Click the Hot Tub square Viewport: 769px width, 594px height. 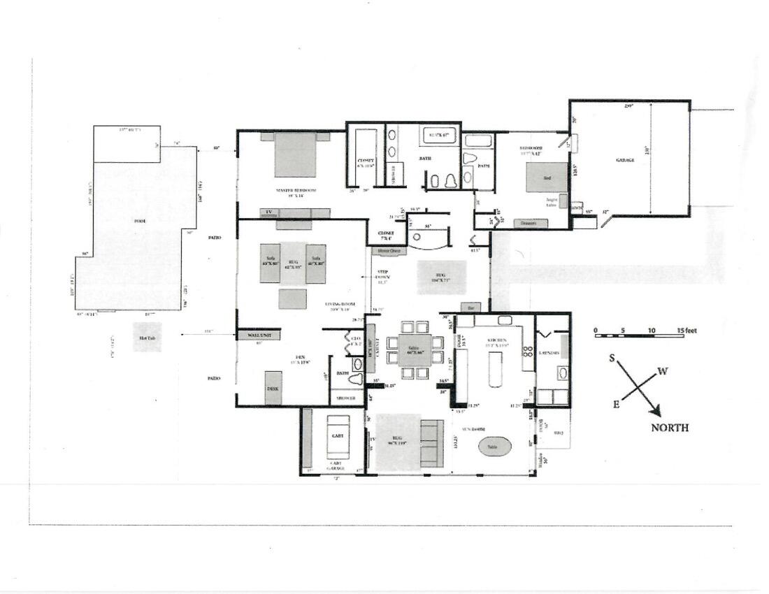point(148,337)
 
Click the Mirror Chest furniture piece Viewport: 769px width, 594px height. point(389,250)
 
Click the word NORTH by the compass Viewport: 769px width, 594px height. point(669,428)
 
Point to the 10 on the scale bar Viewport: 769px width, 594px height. point(652,331)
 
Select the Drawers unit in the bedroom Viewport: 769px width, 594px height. point(530,224)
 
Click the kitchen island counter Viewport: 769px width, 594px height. point(495,369)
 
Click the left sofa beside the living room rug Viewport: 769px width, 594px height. point(270,263)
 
